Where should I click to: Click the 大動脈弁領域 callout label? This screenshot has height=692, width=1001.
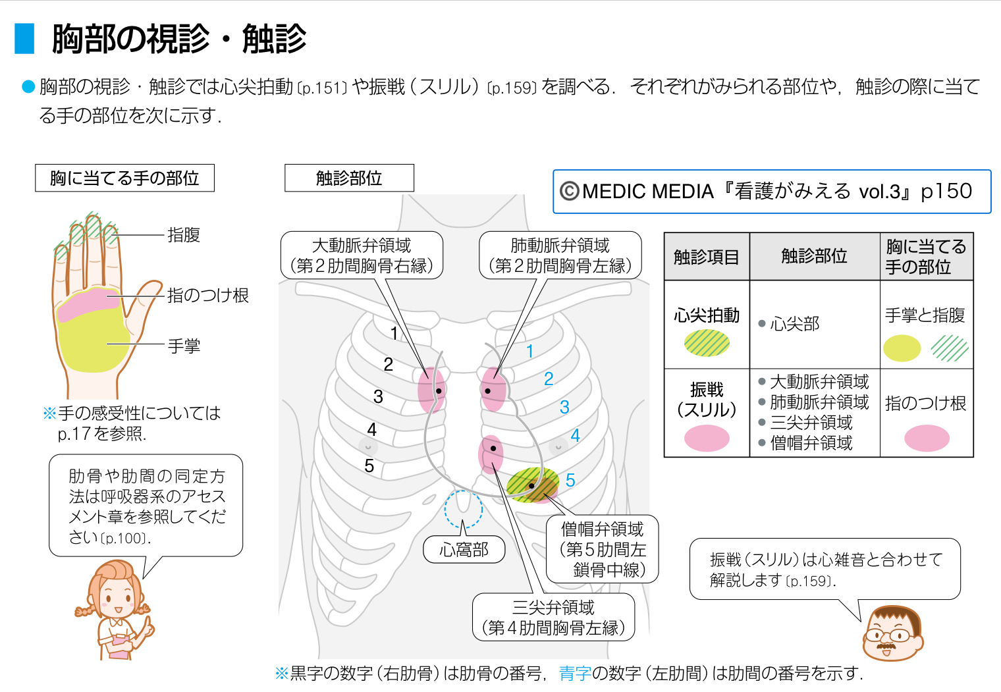coord(362,255)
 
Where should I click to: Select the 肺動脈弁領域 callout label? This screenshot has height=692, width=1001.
coord(560,255)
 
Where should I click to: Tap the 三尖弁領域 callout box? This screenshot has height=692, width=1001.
coord(553,618)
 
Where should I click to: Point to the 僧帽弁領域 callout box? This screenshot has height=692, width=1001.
coord(602,549)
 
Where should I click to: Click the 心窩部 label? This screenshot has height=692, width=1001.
coord(464,550)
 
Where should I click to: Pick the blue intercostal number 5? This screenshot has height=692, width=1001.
coord(570,481)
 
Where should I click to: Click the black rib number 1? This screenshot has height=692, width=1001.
coord(394,333)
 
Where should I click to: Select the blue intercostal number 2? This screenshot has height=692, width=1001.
coord(549,379)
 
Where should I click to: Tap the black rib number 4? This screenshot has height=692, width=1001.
coord(371,430)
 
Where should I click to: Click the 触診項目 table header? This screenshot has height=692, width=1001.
coord(706,257)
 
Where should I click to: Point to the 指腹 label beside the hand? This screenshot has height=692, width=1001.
coord(184,235)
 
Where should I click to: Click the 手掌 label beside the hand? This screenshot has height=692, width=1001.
coord(184,346)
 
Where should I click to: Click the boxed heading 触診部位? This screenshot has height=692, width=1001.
coord(349,178)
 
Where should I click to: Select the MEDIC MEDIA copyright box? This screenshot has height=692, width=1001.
coord(772,192)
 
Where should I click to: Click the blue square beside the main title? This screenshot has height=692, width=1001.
coord(24,38)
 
